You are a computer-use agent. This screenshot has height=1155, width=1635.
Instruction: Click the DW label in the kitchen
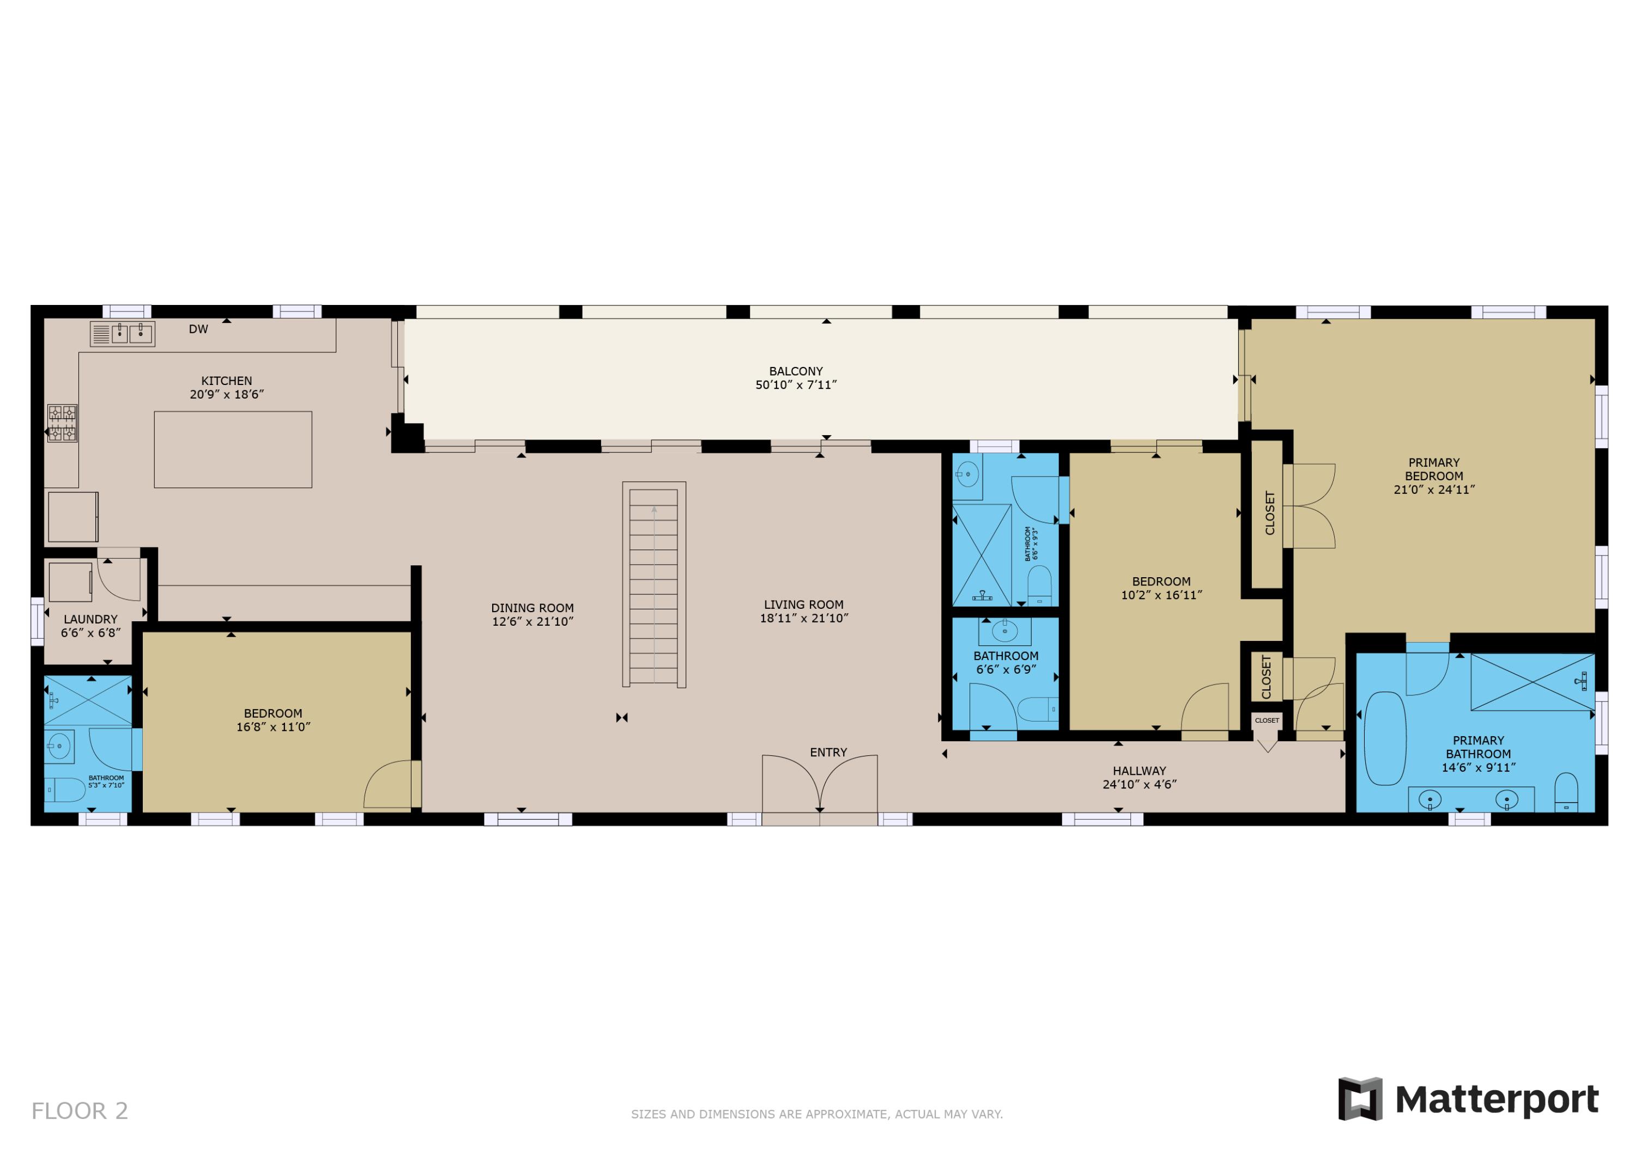[198, 329]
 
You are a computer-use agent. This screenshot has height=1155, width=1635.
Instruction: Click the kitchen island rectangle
[233, 450]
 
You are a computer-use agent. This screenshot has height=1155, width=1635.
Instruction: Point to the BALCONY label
[795, 371]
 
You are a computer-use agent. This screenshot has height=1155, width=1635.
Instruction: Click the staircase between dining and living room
[653, 584]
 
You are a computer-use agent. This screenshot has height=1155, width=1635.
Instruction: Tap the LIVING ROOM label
[803, 605]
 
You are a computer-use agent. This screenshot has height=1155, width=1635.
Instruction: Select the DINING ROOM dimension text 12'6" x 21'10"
[532, 621]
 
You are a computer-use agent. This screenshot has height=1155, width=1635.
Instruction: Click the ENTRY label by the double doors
[828, 752]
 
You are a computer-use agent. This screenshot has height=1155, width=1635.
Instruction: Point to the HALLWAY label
[1140, 771]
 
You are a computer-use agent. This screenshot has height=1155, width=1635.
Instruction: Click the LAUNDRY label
[90, 619]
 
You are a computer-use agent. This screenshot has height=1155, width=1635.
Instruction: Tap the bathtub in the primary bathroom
[1384, 738]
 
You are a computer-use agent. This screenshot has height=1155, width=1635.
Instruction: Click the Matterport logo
[1468, 1099]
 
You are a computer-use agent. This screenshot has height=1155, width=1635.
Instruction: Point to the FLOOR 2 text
[80, 1111]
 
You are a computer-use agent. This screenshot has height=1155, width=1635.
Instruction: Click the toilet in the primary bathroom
[1566, 792]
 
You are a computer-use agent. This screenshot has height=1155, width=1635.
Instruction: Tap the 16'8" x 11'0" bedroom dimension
[274, 726]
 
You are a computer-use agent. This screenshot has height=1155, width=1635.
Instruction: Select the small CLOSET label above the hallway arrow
[1267, 720]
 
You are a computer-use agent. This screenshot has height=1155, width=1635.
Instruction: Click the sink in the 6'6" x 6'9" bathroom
[1005, 631]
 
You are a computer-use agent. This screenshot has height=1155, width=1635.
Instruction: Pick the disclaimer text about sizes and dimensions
[817, 1114]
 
